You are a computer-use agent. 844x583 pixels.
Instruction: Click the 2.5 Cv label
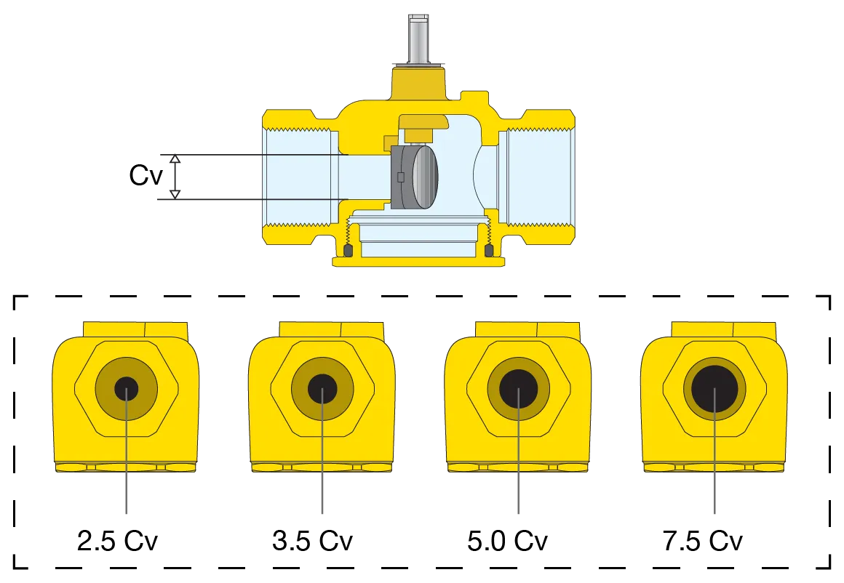click(x=117, y=541)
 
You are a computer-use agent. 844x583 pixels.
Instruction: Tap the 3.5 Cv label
click(x=313, y=541)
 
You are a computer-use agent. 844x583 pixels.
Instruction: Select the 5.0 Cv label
click(x=508, y=541)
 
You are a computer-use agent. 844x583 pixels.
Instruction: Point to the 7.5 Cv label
click(x=703, y=541)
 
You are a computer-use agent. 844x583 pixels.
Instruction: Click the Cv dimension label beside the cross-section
click(x=146, y=175)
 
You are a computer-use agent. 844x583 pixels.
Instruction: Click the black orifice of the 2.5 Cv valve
click(x=127, y=388)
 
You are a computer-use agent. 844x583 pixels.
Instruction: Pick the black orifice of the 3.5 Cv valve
click(x=322, y=388)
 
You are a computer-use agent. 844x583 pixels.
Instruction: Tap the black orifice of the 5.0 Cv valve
click(x=518, y=388)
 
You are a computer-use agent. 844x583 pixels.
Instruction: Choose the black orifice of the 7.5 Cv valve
click(x=714, y=388)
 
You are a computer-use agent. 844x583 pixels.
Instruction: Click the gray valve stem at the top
click(x=418, y=39)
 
